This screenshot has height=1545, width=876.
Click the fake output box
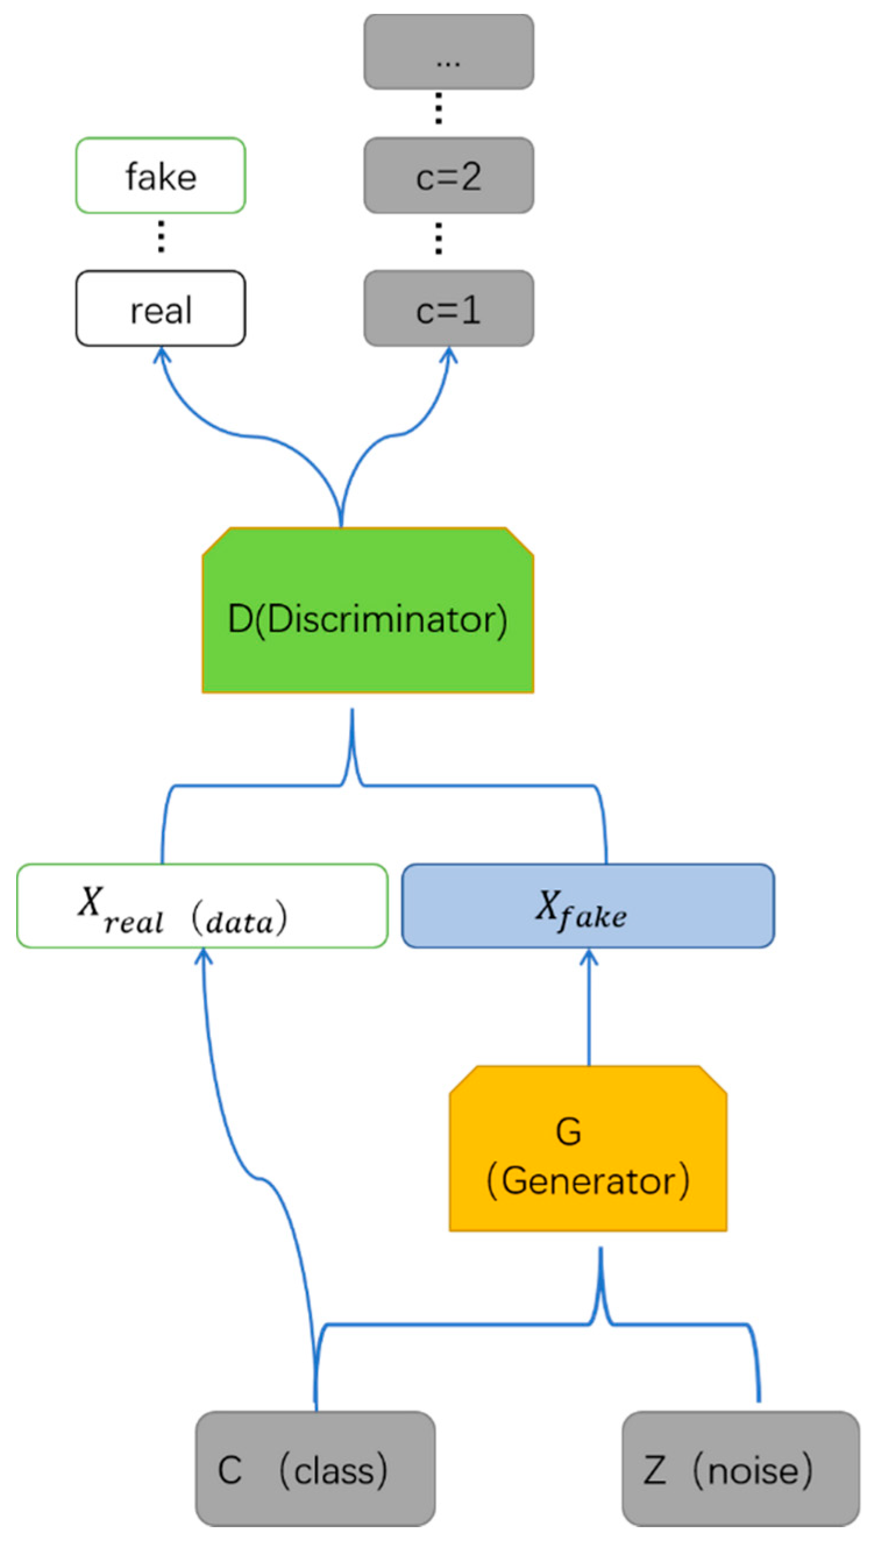click(x=161, y=175)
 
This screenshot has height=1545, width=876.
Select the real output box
click(x=161, y=308)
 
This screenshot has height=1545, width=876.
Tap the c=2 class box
click(x=448, y=175)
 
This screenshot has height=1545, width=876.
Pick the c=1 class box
click(x=448, y=308)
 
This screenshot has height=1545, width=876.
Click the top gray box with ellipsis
click(x=448, y=52)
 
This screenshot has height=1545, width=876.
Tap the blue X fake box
click(x=588, y=907)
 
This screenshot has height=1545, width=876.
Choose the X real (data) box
click(x=202, y=907)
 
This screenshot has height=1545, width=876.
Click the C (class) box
click(x=315, y=1469)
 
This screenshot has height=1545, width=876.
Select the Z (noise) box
click(x=740, y=1469)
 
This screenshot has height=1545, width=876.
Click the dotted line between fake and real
click(x=161, y=236)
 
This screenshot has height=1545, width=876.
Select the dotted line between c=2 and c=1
click(x=439, y=239)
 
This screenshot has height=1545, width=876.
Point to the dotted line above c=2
click(x=439, y=108)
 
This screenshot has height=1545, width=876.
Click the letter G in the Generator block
click(x=568, y=1131)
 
